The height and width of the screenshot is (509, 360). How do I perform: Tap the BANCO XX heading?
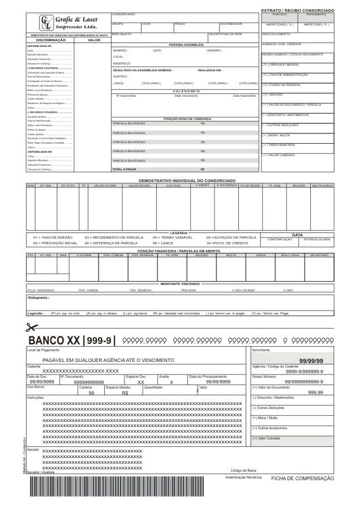pos(54,341)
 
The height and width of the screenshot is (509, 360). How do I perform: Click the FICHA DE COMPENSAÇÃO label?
pos(302,478)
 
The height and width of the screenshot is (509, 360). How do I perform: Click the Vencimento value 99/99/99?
pos(311,361)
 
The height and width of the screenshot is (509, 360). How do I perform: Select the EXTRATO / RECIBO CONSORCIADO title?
pos(297,10)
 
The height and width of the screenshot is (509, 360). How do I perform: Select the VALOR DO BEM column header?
pos(105,185)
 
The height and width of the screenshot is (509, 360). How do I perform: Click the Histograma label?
pos(38,297)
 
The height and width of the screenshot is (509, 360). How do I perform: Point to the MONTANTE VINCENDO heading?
pos(179,284)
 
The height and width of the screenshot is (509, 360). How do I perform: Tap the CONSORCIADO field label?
pos(123,14)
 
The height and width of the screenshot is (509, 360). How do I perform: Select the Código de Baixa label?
pos(243,471)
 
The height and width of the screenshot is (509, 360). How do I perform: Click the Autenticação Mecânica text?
pos(244,477)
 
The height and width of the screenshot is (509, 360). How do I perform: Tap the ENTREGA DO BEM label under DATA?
pos(317,239)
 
